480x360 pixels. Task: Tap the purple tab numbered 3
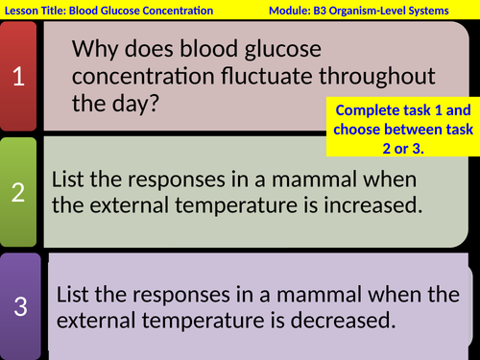click(x=20, y=307)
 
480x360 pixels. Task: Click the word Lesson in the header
click(x=25, y=11)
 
